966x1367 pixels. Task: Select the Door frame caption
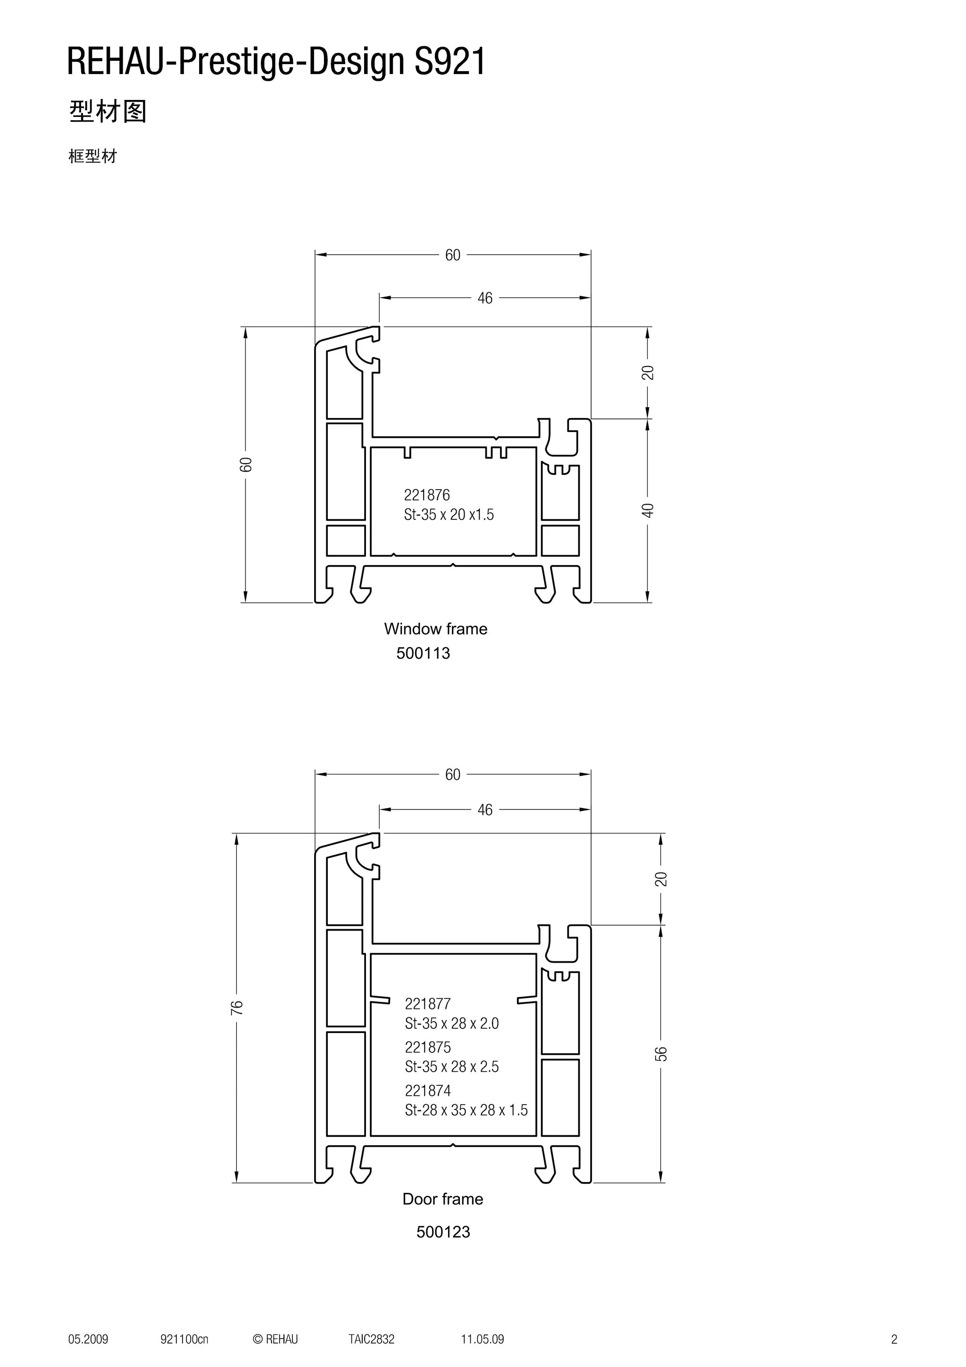(442, 1199)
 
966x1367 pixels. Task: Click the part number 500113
(423, 653)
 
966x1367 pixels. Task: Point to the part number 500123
(443, 1232)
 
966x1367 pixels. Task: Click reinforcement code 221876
(427, 495)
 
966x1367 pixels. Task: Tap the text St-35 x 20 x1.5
(448, 515)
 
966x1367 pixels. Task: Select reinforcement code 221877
(427, 1004)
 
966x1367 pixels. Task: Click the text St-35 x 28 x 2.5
(452, 1067)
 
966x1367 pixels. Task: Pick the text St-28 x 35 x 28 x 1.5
(466, 1110)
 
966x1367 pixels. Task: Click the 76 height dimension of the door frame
(237, 1008)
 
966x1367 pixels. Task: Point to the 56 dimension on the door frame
(661, 1053)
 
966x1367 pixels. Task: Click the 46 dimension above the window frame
(485, 298)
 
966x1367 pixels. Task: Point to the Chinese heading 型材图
(108, 111)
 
